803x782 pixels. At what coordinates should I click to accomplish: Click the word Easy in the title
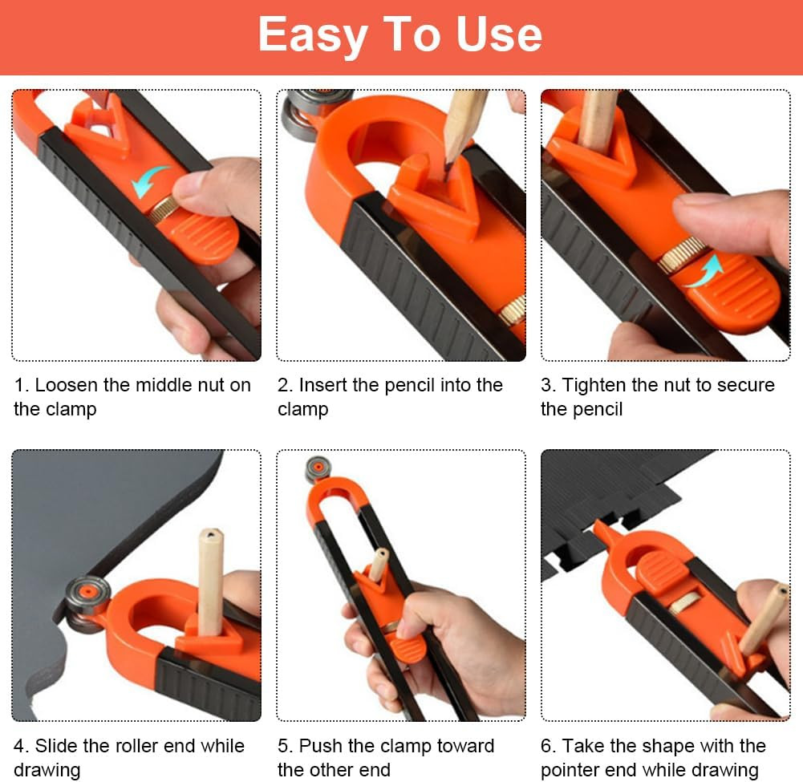[313, 34]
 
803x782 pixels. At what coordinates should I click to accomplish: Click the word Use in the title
[499, 34]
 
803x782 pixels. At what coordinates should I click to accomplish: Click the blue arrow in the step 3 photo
[704, 271]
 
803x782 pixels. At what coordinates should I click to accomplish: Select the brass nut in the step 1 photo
[164, 209]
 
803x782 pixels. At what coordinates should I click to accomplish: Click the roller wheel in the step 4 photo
[87, 603]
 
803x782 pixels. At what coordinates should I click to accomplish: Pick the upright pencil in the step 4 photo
[210, 581]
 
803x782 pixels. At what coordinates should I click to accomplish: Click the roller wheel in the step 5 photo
[318, 468]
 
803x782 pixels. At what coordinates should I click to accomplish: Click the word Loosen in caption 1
[66, 385]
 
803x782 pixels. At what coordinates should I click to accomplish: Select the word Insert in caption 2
[322, 385]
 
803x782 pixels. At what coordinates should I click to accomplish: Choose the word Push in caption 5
[321, 746]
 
